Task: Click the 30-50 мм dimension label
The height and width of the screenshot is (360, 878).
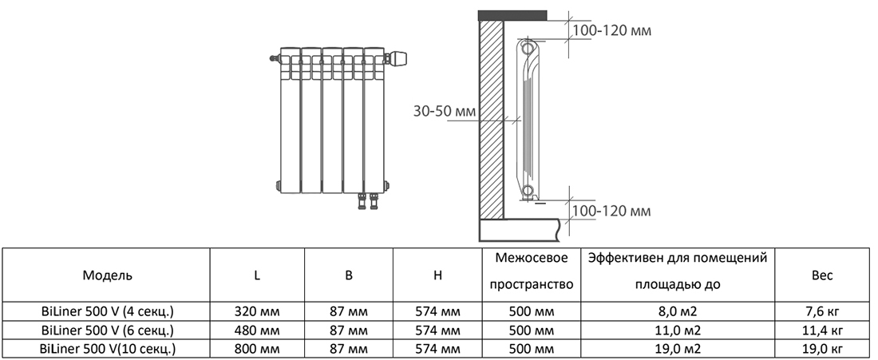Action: [x=444, y=111]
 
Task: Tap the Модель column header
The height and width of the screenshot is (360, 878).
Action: [x=108, y=275]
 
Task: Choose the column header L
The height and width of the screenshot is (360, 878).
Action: [x=257, y=275]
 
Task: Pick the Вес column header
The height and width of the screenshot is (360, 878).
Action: [x=821, y=275]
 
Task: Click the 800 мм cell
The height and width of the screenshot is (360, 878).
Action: [x=257, y=349]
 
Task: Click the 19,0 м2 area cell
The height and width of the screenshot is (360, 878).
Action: [x=678, y=349]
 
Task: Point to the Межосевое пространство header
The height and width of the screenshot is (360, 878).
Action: [x=531, y=271]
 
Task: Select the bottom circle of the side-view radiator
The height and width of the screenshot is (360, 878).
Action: [x=528, y=190]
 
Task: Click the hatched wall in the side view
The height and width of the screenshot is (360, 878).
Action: [x=492, y=120]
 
